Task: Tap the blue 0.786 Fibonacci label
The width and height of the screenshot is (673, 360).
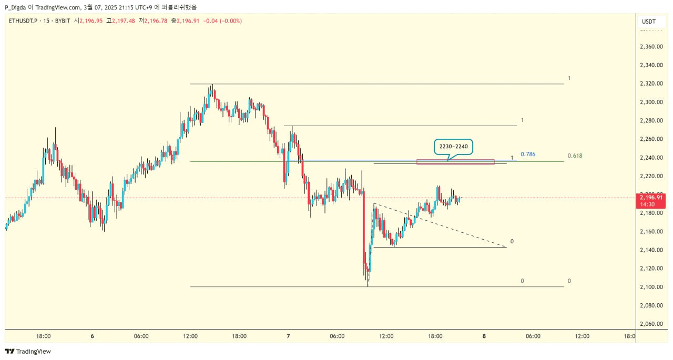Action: (x=528, y=154)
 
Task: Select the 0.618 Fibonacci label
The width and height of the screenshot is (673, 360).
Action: (x=575, y=156)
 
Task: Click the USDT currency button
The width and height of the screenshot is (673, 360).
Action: (x=649, y=22)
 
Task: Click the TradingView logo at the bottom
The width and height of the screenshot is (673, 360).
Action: (x=28, y=351)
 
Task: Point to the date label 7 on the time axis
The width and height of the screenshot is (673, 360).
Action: (x=289, y=336)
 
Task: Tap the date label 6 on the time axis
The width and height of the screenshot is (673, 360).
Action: (x=92, y=336)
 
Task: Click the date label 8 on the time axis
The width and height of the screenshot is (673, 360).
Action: (x=484, y=336)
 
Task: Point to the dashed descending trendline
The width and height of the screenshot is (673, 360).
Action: (x=442, y=225)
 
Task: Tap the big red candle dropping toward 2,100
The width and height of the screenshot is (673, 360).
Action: (x=363, y=226)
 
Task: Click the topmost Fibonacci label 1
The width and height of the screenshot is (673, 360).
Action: (x=569, y=78)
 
